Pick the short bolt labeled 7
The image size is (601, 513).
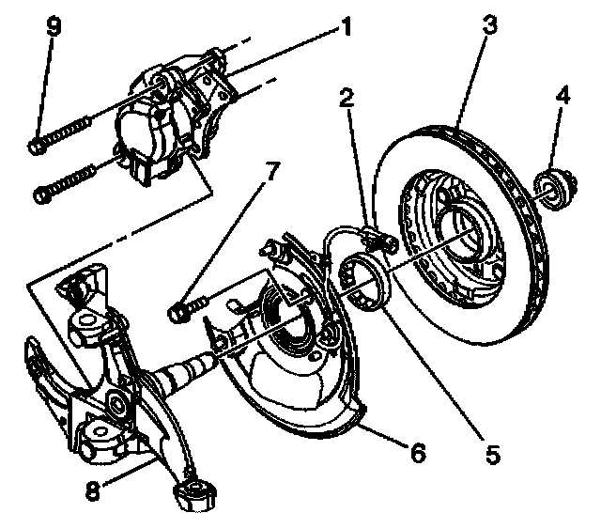coord(187,307)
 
